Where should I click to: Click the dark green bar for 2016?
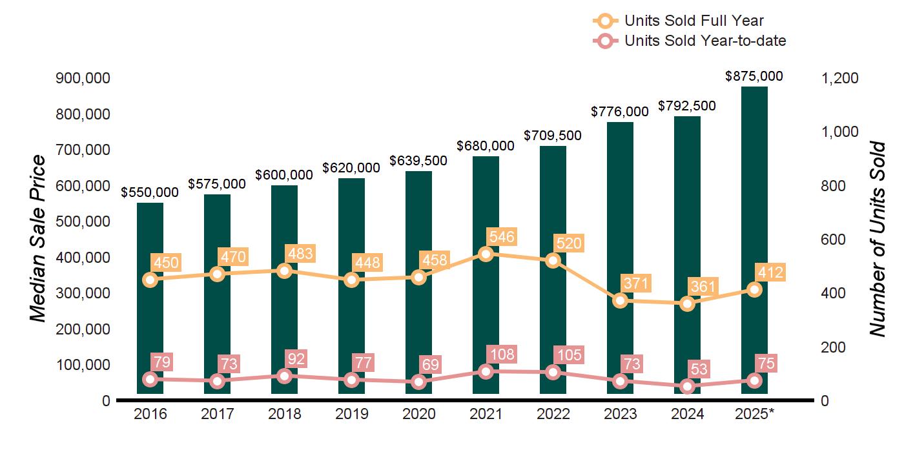150,310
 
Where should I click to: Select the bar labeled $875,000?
754,194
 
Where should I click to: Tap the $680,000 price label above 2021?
486,146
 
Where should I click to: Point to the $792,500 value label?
687,106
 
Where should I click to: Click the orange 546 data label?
502,238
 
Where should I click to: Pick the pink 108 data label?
502,354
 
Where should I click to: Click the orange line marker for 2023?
621,300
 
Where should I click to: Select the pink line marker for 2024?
687,387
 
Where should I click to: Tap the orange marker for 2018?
284,271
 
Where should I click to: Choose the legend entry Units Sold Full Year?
693,21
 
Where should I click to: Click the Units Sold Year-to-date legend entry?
704,41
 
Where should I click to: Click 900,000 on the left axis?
84,78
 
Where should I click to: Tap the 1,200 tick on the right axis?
839,78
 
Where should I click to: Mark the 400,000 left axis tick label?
84,258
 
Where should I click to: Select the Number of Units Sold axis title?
877,239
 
